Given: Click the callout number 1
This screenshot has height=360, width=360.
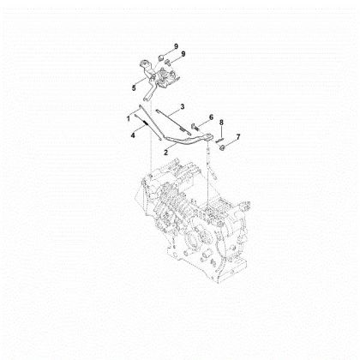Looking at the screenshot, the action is (129, 118).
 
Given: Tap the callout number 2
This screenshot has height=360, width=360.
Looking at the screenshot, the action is (166, 153).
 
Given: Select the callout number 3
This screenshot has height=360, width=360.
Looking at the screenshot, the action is (183, 106).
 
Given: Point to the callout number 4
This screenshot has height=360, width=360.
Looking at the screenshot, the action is (133, 135).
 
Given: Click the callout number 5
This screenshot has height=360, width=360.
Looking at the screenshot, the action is (134, 88).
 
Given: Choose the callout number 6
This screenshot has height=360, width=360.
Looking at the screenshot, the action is (211, 117).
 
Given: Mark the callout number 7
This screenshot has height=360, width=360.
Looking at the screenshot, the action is (238, 136).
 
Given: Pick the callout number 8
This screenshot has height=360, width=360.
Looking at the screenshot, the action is (221, 123).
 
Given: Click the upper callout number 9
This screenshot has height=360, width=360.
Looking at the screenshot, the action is (176, 46).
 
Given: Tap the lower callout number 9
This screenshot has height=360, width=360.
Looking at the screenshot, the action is (183, 54).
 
